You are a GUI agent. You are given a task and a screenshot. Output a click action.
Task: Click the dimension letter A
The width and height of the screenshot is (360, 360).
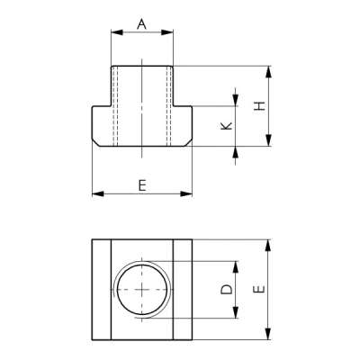pos(141,24)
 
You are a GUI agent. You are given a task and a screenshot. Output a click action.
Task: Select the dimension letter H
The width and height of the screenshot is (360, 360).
pos(259,105)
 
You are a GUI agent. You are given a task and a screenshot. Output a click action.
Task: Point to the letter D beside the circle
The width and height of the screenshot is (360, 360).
pos(226,290)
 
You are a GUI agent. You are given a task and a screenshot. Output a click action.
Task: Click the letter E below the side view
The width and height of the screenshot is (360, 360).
pos(142,184)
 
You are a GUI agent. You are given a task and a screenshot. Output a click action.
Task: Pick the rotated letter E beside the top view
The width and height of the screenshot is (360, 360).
pos(258,290)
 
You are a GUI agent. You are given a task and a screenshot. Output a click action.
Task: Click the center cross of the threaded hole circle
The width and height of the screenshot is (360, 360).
pos(142,290)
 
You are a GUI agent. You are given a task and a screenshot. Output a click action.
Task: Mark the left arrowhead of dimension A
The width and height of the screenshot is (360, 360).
pos(114,34)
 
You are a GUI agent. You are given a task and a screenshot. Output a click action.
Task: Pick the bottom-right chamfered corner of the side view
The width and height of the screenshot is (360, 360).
pos(191,143)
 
